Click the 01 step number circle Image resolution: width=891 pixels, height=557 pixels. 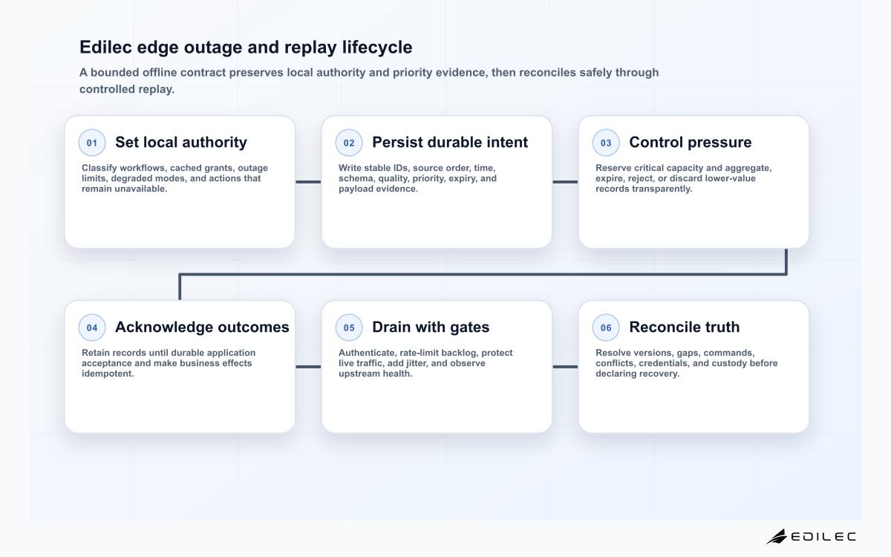click(92, 143)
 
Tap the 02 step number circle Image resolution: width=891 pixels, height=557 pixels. click(349, 143)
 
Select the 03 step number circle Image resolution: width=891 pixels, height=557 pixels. click(606, 143)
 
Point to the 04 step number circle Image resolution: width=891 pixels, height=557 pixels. click(92, 328)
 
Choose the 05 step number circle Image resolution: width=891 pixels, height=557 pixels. click(349, 328)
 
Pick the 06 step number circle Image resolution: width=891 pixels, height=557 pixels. click(606, 328)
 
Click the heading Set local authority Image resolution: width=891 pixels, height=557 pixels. click(181, 143)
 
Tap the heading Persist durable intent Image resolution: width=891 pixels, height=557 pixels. click(450, 143)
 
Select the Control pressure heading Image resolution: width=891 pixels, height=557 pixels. click(690, 143)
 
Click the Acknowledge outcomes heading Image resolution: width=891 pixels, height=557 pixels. click(202, 327)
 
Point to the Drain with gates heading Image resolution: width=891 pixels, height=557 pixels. click(431, 327)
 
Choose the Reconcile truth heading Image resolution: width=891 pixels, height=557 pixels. click(684, 327)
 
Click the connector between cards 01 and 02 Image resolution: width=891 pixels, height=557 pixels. click(308, 182)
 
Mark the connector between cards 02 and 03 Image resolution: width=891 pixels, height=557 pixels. click(565, 182)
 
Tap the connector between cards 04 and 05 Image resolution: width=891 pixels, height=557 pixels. click(308, 367)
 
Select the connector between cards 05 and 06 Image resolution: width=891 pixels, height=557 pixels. click(565, 367)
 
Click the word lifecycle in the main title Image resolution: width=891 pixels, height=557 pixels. click(377, 48)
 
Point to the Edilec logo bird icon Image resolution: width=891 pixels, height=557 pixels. click(777, 537)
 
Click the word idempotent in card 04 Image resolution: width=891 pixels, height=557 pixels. click(108, 374)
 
